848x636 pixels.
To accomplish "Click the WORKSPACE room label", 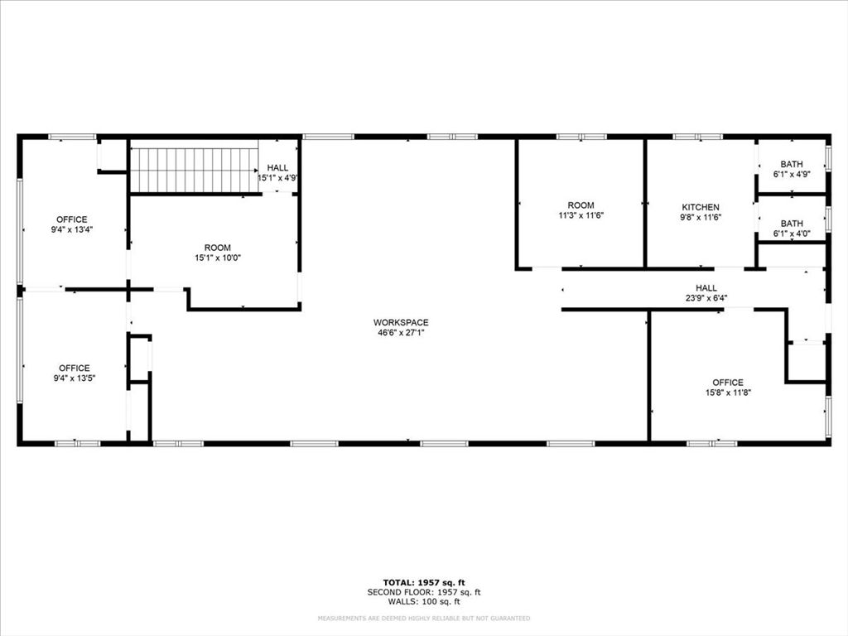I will [x=401, y=322].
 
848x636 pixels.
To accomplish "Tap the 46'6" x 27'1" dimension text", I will [x=401, y=333].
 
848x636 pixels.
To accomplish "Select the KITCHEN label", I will [x=701, y=207].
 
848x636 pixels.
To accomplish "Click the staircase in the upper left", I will [x=195, y=170].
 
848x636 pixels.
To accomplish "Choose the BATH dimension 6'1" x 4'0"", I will [x=792, y=234].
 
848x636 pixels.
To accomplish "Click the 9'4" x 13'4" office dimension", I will [x=71, y=230].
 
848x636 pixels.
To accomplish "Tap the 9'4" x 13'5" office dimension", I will [x=74, y=378].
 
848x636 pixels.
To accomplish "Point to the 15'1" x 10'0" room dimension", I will [x=218, y=258].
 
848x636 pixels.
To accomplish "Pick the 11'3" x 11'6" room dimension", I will [x=581, y=216].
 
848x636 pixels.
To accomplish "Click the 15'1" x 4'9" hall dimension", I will [x=277, y=178].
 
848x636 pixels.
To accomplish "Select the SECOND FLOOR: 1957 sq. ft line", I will [x=424, y=592].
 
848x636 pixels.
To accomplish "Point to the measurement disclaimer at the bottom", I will [x=424, y=619].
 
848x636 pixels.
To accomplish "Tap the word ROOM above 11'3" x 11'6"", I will [x=581, y=205].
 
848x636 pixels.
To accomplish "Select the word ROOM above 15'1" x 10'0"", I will [x=218, y=248].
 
